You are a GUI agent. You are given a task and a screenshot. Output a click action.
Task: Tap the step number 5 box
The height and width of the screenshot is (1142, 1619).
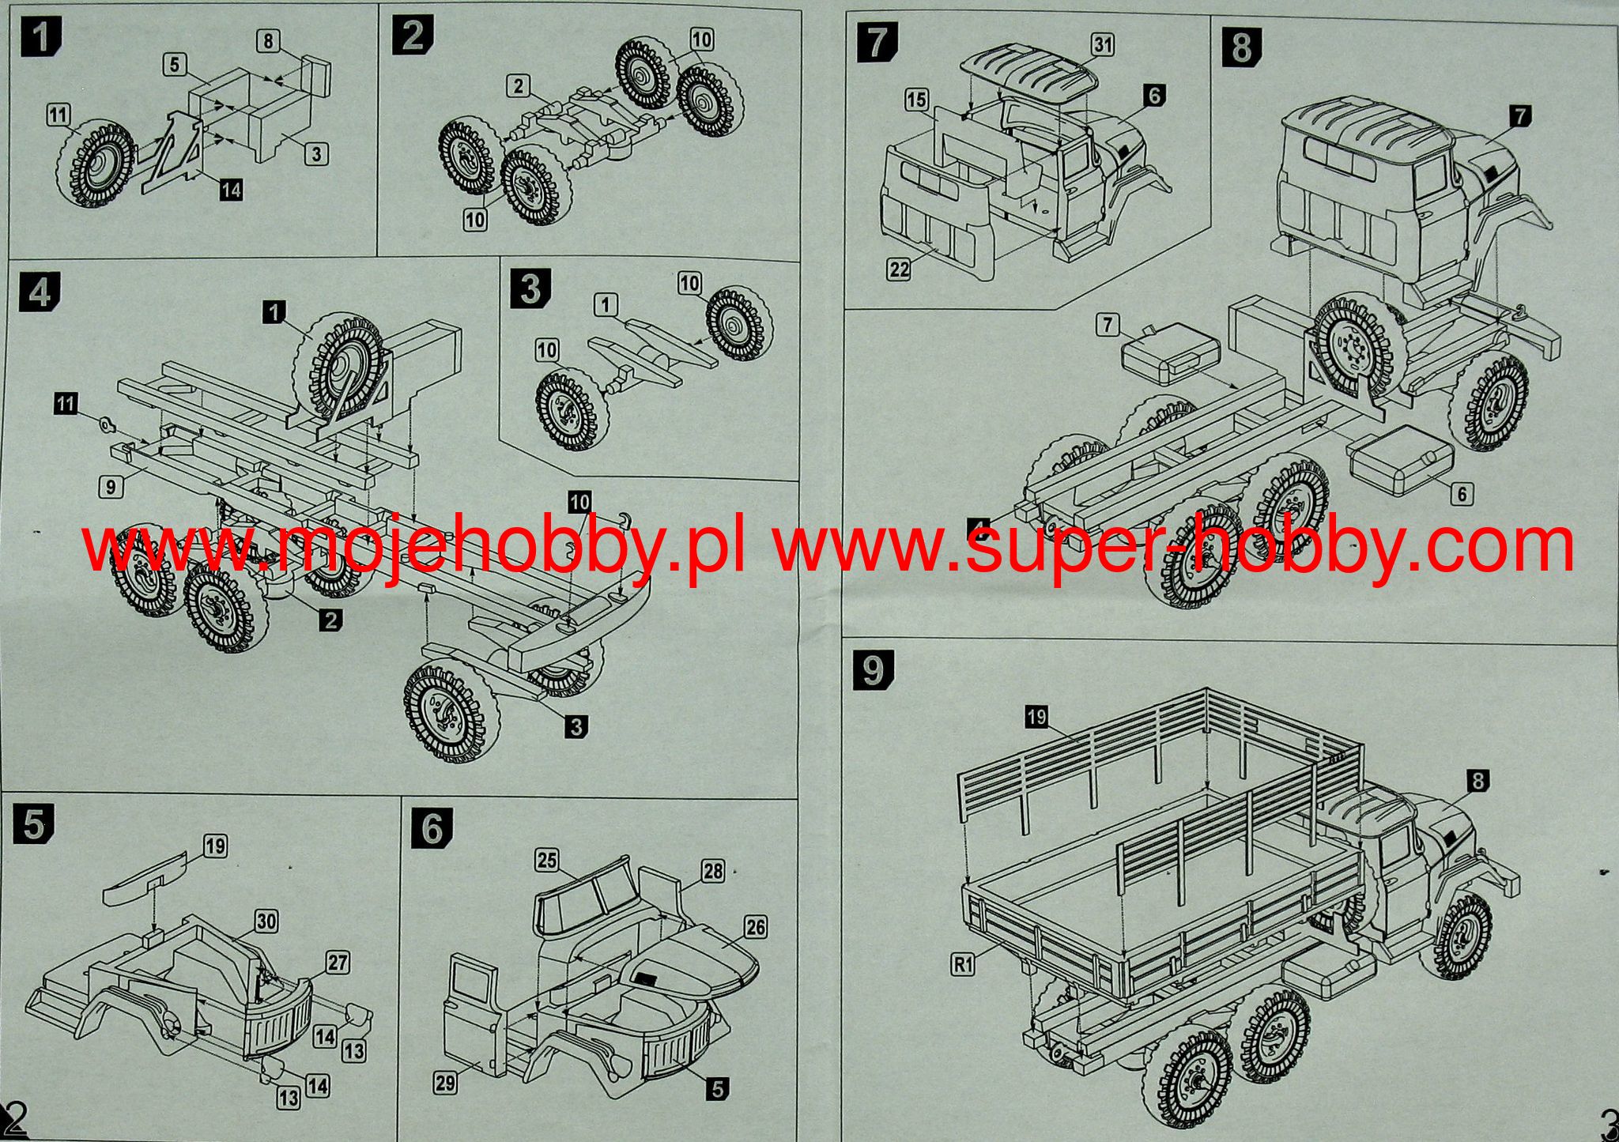33,826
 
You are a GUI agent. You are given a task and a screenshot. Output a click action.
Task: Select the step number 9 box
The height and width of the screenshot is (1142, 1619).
874,671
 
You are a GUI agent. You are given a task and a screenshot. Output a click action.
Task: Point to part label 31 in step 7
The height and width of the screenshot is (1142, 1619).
1102,45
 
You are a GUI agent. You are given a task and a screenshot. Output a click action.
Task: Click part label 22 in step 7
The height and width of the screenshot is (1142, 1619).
899,269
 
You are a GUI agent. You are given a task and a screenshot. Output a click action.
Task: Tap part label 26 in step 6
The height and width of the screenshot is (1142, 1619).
756,926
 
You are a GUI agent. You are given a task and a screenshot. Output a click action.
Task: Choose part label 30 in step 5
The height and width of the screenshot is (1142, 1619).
266,922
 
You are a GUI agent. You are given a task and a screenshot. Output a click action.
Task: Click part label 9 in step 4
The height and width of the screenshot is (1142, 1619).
111,486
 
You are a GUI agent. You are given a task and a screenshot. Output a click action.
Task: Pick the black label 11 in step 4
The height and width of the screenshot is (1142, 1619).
66,404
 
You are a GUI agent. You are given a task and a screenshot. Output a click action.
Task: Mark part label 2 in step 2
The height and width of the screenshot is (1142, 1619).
518,86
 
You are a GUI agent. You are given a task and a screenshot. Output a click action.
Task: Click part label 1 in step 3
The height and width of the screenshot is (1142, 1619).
606,304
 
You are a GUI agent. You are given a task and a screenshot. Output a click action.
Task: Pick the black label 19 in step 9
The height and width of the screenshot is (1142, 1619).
1036,717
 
